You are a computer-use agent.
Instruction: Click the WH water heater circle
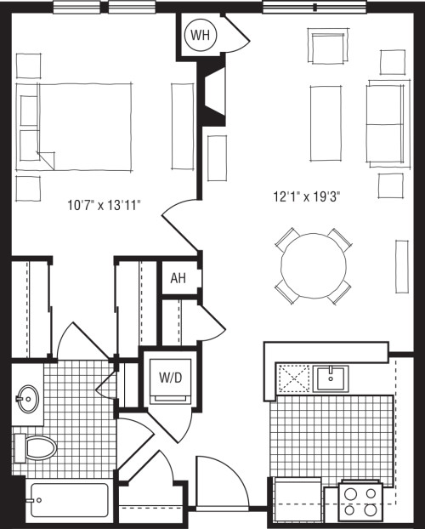pos(200,36)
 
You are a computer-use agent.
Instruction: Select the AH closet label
pos(178,278)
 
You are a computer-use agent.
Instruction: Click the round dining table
pos(313,265)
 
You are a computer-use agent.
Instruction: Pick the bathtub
pos(67,501)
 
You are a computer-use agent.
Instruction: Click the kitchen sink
pos(328,378)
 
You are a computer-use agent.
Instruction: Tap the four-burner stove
pos(361,500)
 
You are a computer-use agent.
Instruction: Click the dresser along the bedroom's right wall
pos(182,126)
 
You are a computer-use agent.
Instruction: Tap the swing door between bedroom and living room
pos(180,225)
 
